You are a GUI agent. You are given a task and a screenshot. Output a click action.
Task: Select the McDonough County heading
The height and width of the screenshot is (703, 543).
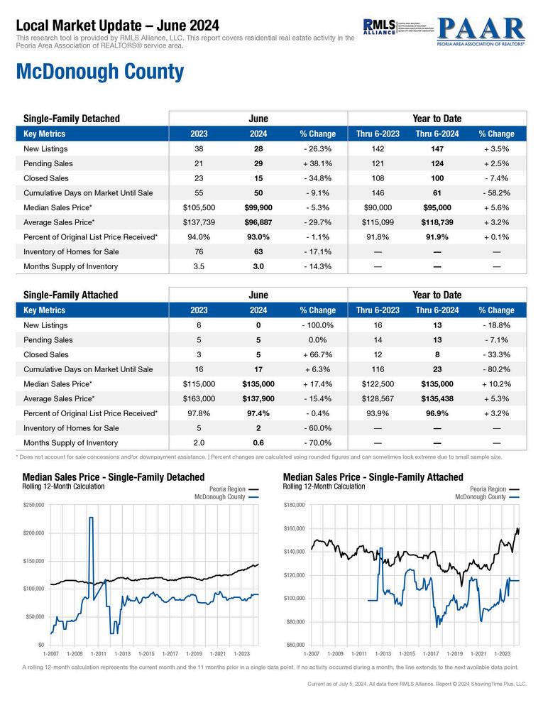[x=99, y=72]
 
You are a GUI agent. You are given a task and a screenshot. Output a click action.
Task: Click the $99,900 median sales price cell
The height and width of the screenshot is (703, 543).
[x=258, y=207]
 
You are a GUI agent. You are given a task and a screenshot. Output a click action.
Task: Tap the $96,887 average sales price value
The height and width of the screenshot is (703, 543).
[x=258, y=222]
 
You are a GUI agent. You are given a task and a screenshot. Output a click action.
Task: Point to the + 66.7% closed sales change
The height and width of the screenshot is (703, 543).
[x=318, y=354]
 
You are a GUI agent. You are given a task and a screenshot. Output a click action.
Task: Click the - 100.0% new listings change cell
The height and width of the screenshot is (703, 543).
[x=317, y=325]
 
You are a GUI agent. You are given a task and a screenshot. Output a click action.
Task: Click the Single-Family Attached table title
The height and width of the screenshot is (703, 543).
[x=71, y=295]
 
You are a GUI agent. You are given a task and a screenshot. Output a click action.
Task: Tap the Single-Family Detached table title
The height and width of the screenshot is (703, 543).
[x=72, y=119]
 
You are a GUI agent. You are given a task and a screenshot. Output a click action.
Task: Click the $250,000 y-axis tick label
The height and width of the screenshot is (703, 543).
[x=33, y=505]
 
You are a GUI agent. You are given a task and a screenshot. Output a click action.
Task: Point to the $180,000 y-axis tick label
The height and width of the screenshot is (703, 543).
[x=293, y=505]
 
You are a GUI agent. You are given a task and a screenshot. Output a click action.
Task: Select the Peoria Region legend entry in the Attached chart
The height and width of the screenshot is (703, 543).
[x=488, y=489]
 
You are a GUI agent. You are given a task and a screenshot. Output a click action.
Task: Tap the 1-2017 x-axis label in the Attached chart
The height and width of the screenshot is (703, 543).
[x=430, y=652]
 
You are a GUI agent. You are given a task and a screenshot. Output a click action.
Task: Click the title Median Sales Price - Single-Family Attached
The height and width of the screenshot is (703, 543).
[x=373, y=477]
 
